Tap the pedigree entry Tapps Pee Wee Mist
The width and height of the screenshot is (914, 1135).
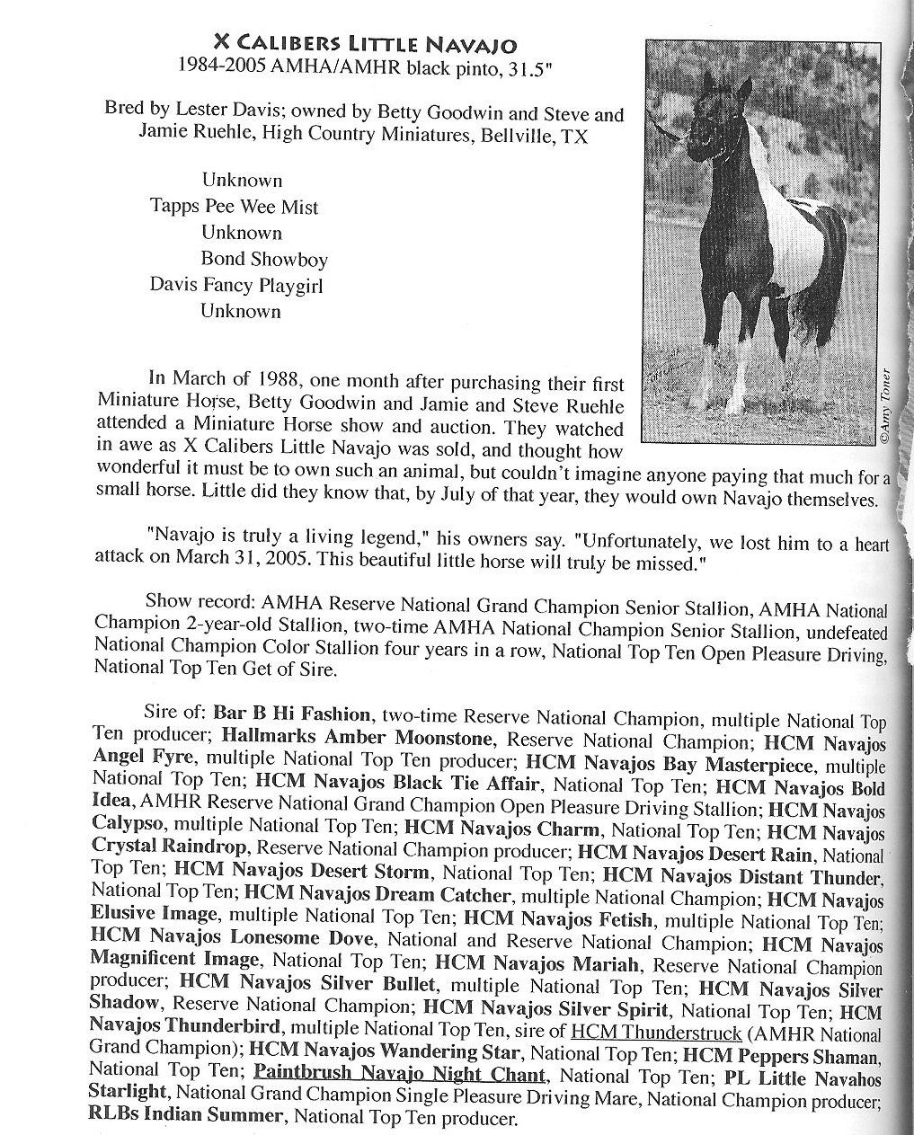[234, 207]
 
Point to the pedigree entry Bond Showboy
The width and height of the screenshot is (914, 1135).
[264, 259]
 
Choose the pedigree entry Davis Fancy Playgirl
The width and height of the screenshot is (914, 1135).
[235, 286]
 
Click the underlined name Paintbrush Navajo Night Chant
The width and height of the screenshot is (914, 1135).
[400, 1074]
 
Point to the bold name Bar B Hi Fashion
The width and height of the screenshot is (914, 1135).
[291, 714]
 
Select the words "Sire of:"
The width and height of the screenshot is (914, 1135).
[175, 714]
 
